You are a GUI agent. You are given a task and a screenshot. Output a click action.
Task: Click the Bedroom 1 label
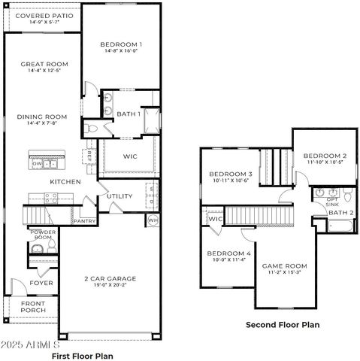tap(121, 45)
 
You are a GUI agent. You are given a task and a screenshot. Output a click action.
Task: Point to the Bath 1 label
tap(129, 114)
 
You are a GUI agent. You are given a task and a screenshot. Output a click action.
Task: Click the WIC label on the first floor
tap(130, 156)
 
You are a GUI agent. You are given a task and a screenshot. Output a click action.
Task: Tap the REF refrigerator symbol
tap(89, 156)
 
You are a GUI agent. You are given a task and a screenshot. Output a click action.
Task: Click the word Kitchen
tap(65, 182)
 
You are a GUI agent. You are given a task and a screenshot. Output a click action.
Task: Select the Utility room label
tap(119, 196)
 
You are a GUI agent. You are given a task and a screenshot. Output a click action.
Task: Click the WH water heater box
tap(153, 220)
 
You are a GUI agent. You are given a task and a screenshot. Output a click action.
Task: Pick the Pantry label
tap(83, 222)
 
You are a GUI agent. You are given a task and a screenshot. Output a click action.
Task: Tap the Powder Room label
tap(42, 235)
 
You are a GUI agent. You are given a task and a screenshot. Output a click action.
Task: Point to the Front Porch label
tap(32, 307)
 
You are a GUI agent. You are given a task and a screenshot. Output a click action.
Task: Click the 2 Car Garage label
tap(110, 278)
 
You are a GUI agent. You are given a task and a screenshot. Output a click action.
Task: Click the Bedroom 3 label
tap(230, 174)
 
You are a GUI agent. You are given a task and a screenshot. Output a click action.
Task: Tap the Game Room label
tap(284, 265)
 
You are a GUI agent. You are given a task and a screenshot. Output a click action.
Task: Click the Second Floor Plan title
tap(283, 325)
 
